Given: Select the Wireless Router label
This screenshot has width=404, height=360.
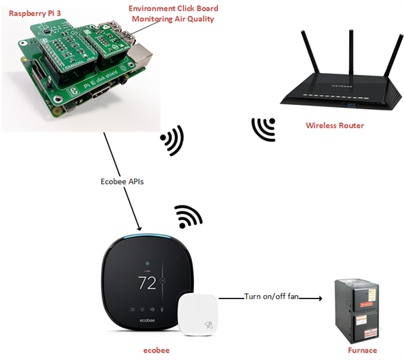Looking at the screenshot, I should click(x=334, y=125).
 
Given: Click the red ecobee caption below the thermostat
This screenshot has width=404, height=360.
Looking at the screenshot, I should click(x=156, y=350).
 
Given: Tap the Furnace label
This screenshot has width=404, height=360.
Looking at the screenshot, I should click(x=362, y=350).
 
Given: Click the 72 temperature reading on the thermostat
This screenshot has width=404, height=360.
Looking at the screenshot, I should click(x=146, y=282).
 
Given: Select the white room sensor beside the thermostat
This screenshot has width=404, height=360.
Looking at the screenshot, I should click(x=199, y=314).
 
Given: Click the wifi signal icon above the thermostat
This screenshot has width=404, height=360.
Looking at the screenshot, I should click(x=188, y=217).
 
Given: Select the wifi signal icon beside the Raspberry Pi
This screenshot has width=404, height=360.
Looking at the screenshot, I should click(x=172, y=140).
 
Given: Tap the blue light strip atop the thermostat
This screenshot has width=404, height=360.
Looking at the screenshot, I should click(x=147, y=237).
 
